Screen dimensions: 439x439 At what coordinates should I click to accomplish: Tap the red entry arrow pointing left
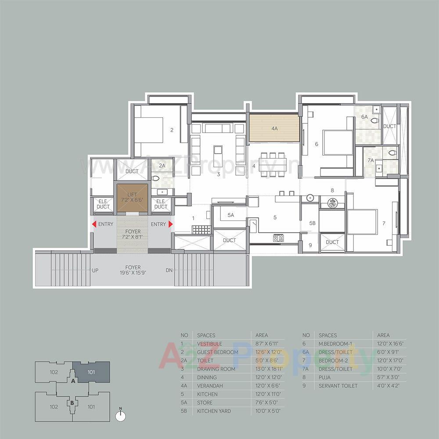click(94, 224)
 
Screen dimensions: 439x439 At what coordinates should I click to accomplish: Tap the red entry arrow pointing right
click(171, 224)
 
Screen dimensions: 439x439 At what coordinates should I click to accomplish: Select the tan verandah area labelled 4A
click(274, 129)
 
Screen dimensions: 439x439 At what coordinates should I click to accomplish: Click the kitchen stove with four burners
click(278, 238)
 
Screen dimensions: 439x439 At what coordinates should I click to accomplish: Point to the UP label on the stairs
click(95, 271)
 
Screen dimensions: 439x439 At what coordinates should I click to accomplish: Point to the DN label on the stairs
click(169, 271)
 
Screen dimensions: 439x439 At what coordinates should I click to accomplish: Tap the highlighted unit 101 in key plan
click(91, 372)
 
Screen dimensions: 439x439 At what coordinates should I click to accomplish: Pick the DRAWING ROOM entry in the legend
click(216, 369)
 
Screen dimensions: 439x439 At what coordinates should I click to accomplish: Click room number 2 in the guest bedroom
click(172, 130)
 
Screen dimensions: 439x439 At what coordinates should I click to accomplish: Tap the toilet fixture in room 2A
click(156, 179)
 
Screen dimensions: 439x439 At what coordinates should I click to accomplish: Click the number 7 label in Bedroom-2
click(384, 223)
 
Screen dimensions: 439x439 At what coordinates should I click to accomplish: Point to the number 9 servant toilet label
click(310, 245)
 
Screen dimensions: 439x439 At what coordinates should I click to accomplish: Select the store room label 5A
click(230, 215)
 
